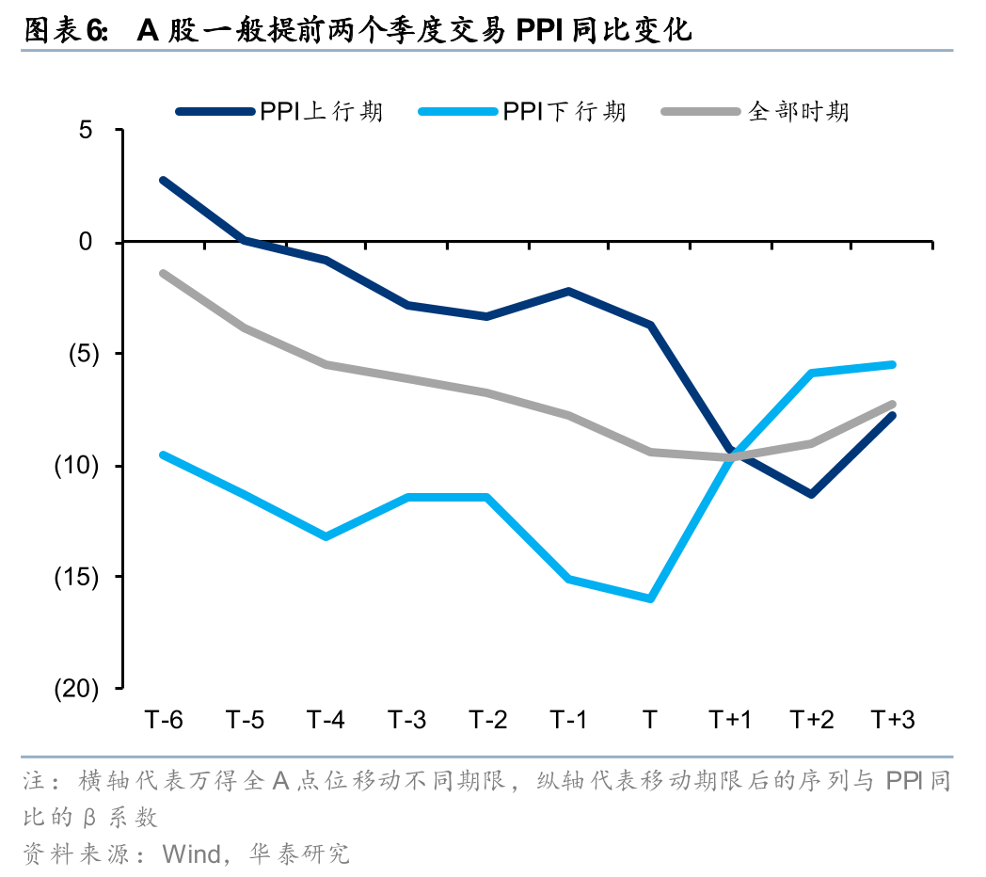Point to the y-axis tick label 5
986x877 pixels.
(x=86, y=130)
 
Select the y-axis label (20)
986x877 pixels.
(x=77, y=689)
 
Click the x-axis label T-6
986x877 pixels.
(x=164, y=720)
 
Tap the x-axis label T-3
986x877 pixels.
(x=406, y=720)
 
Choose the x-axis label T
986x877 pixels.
(x=649, y=720)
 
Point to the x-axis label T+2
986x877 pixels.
(x=811, y=720)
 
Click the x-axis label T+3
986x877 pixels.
(x=892, y=720)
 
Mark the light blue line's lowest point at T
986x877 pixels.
(x=649, y=598)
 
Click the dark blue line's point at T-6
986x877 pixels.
(x=164, y=180)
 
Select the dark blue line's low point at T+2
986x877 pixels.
(x=811, y=493)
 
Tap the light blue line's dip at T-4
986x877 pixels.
(x=326, y=536)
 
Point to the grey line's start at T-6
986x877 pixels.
(x=164, y=273)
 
